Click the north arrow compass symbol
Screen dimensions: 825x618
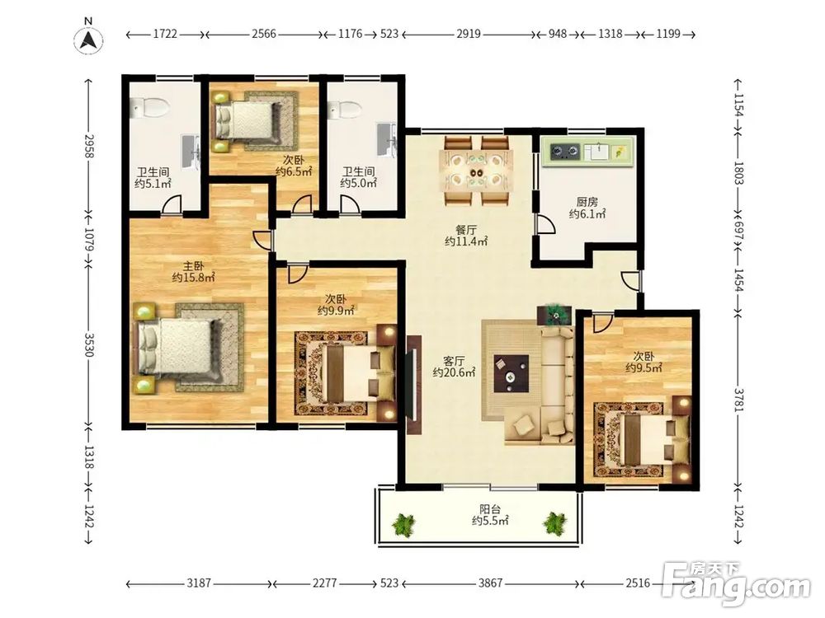point(89,40)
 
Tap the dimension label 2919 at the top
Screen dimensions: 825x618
point(469,34)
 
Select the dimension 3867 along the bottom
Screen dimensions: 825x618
point(490,583)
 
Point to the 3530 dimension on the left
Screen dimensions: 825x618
point(89,344)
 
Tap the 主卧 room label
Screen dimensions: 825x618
point(193,266)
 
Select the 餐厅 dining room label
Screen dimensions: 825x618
point(466,230)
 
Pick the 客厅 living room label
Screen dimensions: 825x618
point(454,361)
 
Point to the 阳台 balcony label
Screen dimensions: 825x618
point(490,509)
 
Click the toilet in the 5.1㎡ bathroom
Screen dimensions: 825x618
point(148,108)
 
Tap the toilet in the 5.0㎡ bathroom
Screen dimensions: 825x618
point(343,110)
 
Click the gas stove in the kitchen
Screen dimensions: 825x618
point(565,152)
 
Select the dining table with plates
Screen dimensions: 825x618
point(478,172)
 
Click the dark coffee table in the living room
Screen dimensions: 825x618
point(511,373)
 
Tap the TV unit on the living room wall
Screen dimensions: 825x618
point(414,385)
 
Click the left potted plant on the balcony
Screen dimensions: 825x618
point(404,524)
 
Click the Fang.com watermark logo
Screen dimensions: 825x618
point(736,584)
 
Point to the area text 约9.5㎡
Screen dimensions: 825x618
point(643,368)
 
